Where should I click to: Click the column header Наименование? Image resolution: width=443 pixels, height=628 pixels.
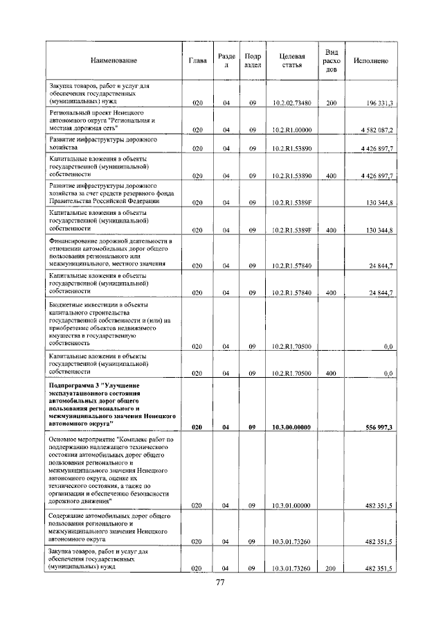coord(113,61)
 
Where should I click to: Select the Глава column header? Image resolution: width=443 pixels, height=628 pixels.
coord(197,61)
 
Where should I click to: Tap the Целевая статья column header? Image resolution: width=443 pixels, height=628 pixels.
coord(291,61)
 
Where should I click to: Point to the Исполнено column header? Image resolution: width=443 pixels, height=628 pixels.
coord(370,61)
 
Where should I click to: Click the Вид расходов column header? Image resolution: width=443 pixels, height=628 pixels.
coord(332,61)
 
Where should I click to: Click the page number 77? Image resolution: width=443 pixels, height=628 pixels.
coord(221,582)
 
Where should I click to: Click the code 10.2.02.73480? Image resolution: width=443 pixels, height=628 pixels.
coord(291,103)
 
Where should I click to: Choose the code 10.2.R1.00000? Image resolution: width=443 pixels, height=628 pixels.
coord(291,130)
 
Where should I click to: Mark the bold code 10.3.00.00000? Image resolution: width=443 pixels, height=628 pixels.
coord(291,428)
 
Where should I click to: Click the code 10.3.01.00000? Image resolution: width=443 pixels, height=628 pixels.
coord(291,507)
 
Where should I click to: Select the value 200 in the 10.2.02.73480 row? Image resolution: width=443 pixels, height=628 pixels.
coord(332,103)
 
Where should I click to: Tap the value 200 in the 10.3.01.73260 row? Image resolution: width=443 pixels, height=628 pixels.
coord(332,568)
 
